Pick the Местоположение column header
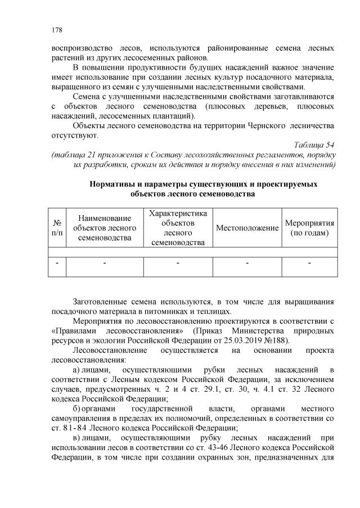[247, 228]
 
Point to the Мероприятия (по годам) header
[310, 228]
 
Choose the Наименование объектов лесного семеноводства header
[105, 228]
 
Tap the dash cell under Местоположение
[247, 262]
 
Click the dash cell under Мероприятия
[310, 262]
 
